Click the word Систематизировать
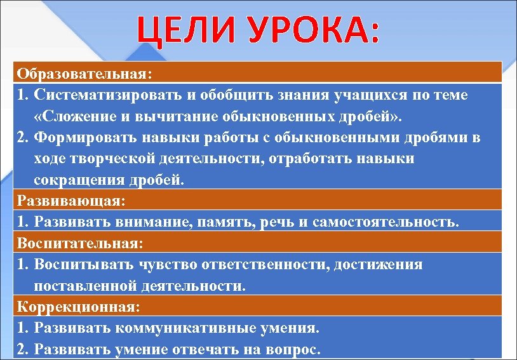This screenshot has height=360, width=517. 107,95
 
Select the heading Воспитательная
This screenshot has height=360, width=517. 79,243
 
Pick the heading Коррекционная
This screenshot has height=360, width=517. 76,307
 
